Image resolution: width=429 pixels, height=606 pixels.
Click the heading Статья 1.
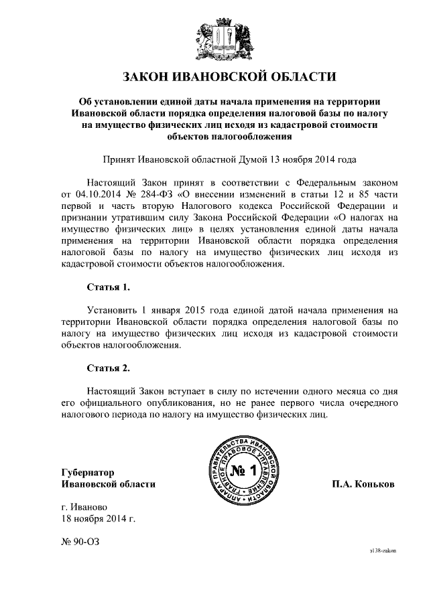pos(108,287)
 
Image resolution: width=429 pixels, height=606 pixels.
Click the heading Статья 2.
pos(108,368)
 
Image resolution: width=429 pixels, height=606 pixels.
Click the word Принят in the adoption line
pos(119,160)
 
